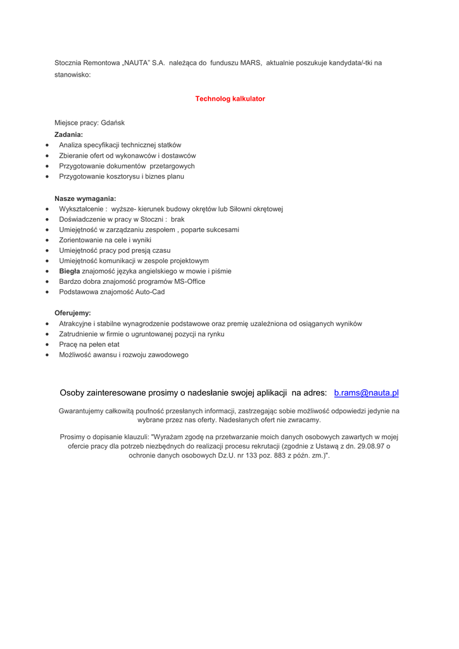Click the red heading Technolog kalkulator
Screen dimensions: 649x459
pos(230,99)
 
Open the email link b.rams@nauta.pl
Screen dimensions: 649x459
pos(366,393)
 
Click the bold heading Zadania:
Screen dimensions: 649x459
pos(68,134)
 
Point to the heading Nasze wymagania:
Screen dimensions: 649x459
pos(85,198)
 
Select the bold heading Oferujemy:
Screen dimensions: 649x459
pos(72,313)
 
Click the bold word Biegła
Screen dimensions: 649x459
pos(70,271)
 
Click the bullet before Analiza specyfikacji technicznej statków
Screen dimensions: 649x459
pos(48,146)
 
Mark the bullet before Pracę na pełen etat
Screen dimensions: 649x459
pos(48,345)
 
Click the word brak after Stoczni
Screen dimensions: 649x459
pos(177,219)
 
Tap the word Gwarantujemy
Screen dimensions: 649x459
pos(80,411)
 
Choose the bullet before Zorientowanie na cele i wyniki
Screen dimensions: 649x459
pos(48,241)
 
